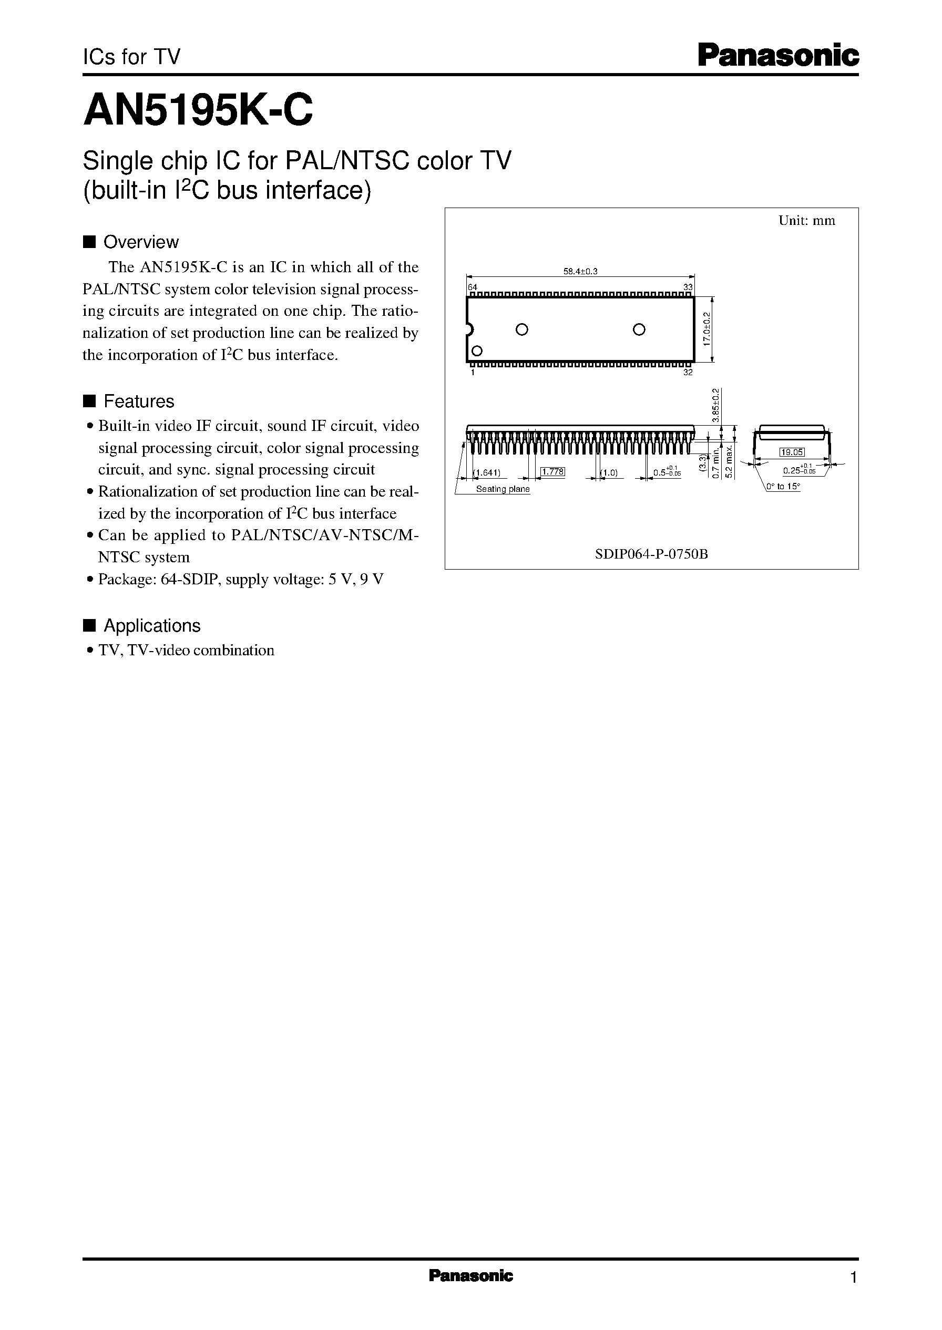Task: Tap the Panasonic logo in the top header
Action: pos(777,57)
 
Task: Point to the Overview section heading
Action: pos(140,242)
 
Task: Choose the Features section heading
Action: pos(138,401)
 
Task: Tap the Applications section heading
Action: pos(151,625)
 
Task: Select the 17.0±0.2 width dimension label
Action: pos(707,329)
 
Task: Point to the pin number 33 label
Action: pos(688,287)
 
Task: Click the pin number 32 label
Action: pos(688,372)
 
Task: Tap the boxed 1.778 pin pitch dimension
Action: pos(552,472)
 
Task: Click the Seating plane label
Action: pos(503,489)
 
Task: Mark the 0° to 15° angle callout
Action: pos(783,487)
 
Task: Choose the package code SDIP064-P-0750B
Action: pos(651,554)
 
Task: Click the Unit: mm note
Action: pos(806,220)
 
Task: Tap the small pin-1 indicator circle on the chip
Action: pos(477,351)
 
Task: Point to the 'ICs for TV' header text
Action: pos(131,57)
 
